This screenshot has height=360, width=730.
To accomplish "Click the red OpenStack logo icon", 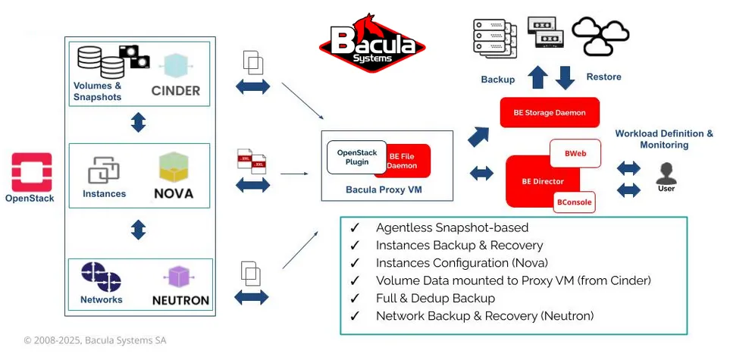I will [32, 171].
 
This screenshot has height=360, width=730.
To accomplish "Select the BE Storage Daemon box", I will [550, 112].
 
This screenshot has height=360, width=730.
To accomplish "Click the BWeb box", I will [574, 153].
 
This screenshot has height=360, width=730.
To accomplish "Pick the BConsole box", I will [574, 202].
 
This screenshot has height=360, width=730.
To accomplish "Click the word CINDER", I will [175, 91].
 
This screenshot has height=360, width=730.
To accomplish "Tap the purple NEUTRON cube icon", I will [180, 277].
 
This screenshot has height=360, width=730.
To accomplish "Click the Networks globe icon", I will [101, 277].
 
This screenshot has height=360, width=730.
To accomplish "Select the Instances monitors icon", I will [104, 170].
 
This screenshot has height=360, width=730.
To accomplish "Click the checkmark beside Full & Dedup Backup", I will [354, 298].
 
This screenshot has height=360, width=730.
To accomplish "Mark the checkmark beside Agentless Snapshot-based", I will [354, 227].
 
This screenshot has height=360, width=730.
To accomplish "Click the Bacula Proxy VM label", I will [383, 190].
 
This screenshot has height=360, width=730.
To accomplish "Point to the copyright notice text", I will [95, 340].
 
